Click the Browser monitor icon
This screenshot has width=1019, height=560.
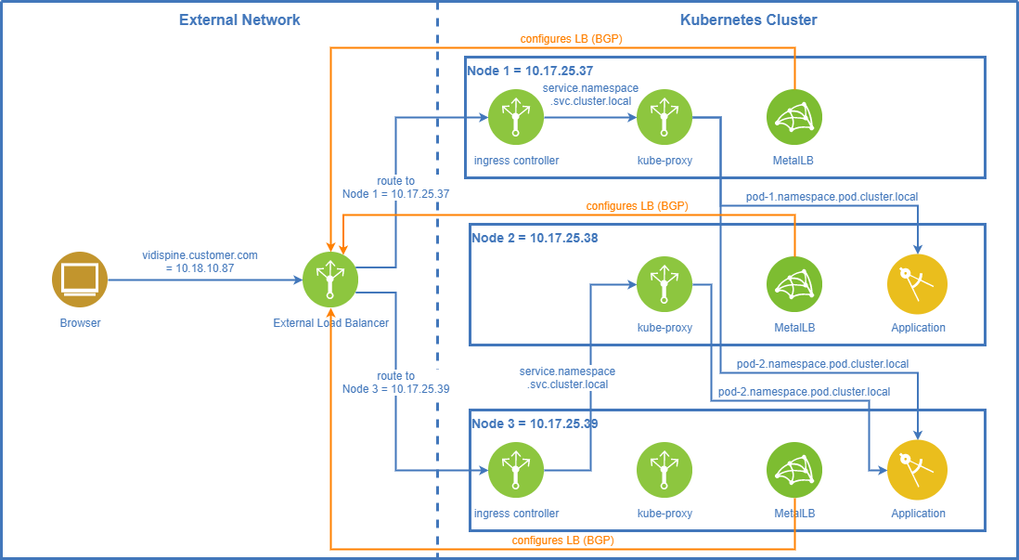point(80,279)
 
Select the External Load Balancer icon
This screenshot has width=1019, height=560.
point(330,279)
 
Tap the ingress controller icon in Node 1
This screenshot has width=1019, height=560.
point(516,117)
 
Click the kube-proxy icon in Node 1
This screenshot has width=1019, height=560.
point(664,117)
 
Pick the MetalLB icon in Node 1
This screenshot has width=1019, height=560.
point(794,117)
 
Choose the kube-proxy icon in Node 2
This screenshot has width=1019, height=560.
point(664,284)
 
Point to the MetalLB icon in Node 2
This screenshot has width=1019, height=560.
point(794,284)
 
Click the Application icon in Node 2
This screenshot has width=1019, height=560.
point(917,284)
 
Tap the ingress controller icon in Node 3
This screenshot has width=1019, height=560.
point(516,470)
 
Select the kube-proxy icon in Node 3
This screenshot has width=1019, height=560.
point(664,470)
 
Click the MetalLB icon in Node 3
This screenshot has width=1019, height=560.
point(794,470)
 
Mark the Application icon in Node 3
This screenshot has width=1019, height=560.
point(917,470)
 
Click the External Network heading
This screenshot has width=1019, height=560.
point(239,20)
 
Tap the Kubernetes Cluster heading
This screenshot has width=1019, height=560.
point(748,20)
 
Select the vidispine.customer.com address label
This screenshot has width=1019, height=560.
point(200,260)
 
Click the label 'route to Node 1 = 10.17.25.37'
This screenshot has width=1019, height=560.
point(395,188)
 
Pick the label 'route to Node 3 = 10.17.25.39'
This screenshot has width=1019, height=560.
point(395,383)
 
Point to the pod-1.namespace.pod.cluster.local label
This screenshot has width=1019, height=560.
point(832,197)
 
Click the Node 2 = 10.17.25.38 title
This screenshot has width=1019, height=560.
point(535,238)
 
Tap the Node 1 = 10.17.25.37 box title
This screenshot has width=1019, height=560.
point(530,71)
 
